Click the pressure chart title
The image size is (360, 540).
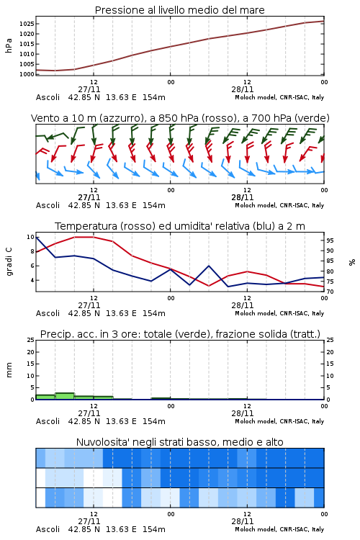pyautogui.click(x=180, y=10)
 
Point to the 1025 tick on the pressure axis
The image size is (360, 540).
pyautogui.click(x=27, y=24)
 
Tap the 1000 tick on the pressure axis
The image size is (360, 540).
pyautogui.click(x=27, y=74)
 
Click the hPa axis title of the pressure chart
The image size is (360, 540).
pyautogui.click(x=9, y=45)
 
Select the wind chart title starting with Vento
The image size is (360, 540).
pyautogui.click(x=180, y=118)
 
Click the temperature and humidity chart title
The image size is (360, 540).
pyautogui.click(x=180, y=226)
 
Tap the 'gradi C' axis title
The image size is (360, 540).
pyautogui.click(x=9, y=262)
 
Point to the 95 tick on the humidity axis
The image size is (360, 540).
pyautogui.click(x=330, y=240)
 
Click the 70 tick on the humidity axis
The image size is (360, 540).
pyautogui.click(x=330, y=292)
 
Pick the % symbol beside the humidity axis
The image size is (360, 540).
pyautogui.click(x=352, y=262)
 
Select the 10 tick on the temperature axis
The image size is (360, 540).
pyautogui.click(x=30, y=237)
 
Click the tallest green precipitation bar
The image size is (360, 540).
pyautogui.click(x=65, y=396)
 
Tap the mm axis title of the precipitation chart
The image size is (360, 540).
pyautogui.click(x=9, y=370)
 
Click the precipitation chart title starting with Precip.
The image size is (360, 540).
pyautogui.click(x=180, y=334)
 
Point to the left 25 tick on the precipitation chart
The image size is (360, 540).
pyautogui.click(x=30, y=340)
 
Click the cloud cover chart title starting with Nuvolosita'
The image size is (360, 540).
pyautogui.click(x=180, y=442)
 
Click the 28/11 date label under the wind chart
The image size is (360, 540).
pyautogui.click(x=243, y=197)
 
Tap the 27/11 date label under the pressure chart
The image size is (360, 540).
pyautogui.click(x=89, y=89)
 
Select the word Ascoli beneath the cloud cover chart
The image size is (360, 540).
pyautogui.click(x=48, y=529)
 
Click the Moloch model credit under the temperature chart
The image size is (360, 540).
pyautogui.click(x=279, y=313)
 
